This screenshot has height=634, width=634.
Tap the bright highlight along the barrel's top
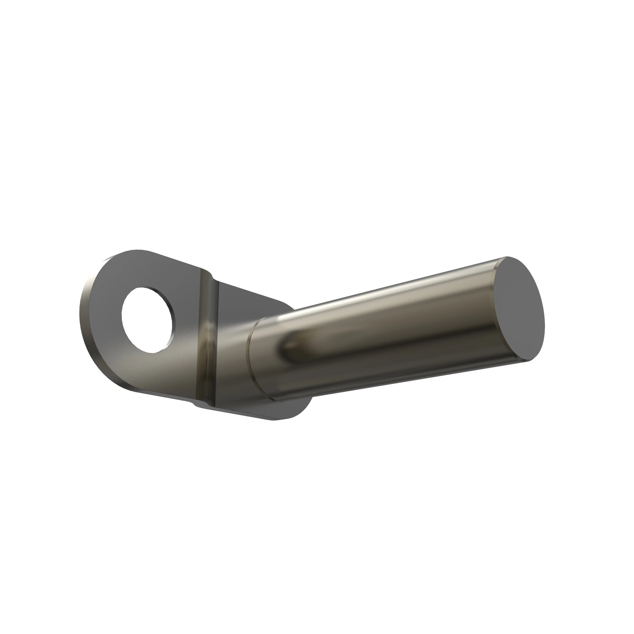[x=377, y=290]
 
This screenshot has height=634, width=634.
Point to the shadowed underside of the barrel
[x=394, y=377]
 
